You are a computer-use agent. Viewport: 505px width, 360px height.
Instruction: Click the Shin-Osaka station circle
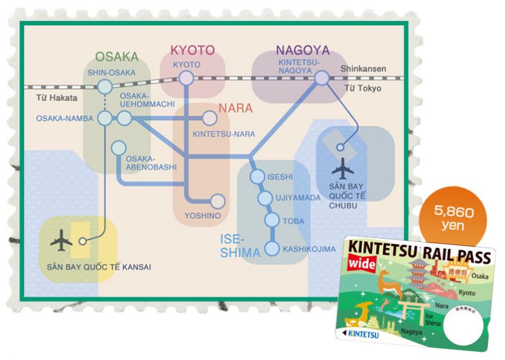(105, 87)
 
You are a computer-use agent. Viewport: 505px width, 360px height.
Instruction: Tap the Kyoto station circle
(186, 78)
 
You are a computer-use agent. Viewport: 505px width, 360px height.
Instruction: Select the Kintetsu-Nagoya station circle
(322, 78)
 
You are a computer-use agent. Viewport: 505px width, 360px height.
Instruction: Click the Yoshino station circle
(217, 201)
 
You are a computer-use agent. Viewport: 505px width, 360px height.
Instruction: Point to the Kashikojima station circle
(272, 249)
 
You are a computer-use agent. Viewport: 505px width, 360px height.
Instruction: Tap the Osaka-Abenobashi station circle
(117, 148)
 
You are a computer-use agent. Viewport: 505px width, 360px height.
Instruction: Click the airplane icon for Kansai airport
(61, 241)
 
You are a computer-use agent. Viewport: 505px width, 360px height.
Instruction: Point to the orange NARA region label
(235, 107)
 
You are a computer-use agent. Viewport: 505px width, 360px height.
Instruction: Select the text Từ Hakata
(56, 98)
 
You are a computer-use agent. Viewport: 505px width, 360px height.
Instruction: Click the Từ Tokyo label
(363, 89)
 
